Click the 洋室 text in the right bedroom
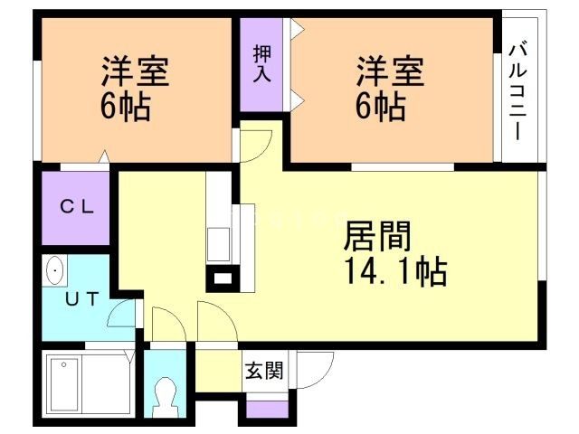pos(390,70)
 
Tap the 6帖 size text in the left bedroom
pos(125,108)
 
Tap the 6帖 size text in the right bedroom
pos(379,108)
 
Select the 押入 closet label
pos(261,63)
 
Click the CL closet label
pos(77,207)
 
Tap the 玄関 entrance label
pos(263,370)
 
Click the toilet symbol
pos(166,394)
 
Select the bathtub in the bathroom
pos(89,382)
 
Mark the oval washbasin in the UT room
pos(55,270)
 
